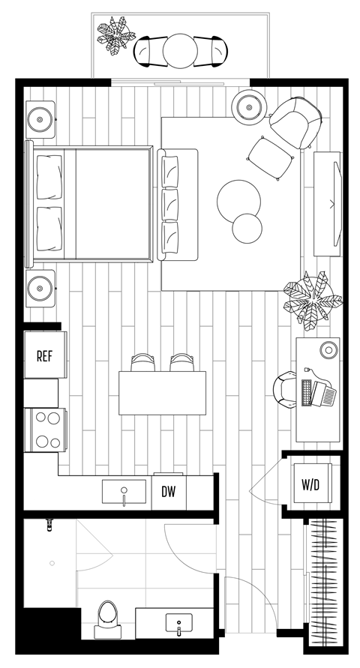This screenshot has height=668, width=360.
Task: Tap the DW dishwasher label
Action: coord(169,492)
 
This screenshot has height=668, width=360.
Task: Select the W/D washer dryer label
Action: coord(310,485)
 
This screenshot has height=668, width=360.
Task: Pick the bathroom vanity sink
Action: coord(178,623)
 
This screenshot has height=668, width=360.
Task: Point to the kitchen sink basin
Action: coord(124,493)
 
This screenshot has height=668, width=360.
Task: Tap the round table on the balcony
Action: coord(179,50)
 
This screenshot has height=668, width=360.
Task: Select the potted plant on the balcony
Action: coord(115,36)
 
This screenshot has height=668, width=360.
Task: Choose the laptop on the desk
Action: coord(318,392)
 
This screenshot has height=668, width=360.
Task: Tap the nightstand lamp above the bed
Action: coord(40,118)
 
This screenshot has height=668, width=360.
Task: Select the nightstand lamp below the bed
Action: coord(40,287)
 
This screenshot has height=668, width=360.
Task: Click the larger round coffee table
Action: coord(239,201)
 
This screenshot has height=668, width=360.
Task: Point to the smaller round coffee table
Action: coord(247,228)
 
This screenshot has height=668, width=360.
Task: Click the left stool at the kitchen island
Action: coord(142,363)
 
